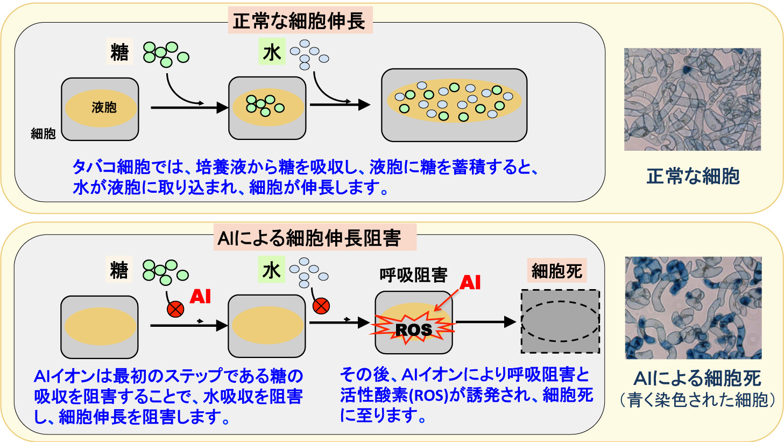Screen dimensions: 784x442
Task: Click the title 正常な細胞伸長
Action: [300, 21]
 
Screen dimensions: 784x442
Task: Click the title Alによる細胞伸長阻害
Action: [309, 238]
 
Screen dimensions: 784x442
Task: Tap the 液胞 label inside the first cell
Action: [104, 108]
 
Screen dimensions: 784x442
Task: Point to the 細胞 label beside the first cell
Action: [43, 134]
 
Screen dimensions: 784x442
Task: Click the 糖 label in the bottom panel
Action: [119, 270]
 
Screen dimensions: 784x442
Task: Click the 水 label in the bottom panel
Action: [271, 270]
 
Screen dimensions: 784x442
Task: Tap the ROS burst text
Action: [413, 329]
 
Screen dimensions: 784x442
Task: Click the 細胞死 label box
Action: [556, 271]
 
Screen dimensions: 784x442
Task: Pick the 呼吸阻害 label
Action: [413, 275]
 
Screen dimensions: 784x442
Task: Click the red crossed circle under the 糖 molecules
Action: [175, 309]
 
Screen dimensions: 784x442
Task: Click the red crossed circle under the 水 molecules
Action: [321, 306]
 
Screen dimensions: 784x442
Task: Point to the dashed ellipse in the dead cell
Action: [560, 301]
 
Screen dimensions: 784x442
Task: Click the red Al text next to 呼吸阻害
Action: [470, 282]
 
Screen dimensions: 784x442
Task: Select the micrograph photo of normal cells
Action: [693, 100]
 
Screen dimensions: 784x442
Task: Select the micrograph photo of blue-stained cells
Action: [693, 308]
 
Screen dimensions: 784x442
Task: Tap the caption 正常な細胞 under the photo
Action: [693, 176]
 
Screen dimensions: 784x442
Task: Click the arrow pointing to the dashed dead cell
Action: [486, 322]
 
